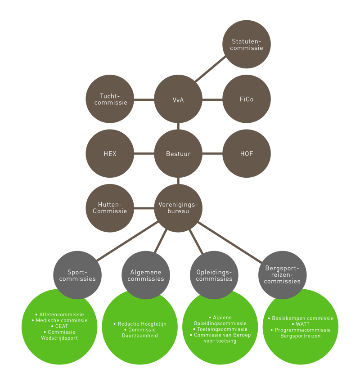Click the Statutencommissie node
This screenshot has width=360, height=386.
coord(247,44)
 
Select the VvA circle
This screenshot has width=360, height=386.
coord(178,99)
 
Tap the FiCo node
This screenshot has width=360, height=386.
coord(247,99)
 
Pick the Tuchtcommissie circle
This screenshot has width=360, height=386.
coord(110,99)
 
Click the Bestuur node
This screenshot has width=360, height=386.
coord(178,154)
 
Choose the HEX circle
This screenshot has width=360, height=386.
coord(110,154)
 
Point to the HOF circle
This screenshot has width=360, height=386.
coord(247,154)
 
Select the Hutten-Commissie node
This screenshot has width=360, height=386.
coord(110,208)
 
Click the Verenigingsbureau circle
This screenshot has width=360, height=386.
coord(178,208)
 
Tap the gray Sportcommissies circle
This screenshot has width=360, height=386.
coord(77,275)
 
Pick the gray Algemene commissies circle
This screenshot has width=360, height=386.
coord(146,275)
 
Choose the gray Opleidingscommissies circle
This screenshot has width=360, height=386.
coord(214,275)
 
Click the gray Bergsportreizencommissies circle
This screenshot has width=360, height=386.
coord(283,275)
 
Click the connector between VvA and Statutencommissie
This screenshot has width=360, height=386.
coord(211,70)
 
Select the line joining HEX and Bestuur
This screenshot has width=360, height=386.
coord(144,154)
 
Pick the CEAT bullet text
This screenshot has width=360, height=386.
coord(60,326)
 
